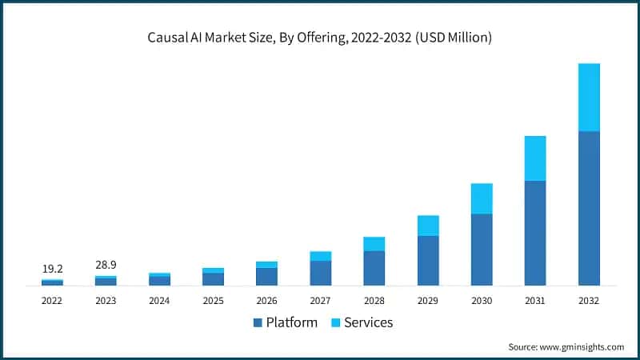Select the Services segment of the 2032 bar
[589, 97]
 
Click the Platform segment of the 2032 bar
[589, 208]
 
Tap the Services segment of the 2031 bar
[535, 158]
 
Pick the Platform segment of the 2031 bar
[535, 233]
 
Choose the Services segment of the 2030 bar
[482, 198]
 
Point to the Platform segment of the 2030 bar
[482, 249]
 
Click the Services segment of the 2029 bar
[428, 226]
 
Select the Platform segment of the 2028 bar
[374, 268]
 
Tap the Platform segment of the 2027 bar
[321, 273]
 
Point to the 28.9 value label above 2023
[106, 264]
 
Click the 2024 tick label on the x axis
[159, 300]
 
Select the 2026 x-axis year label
[266, 300]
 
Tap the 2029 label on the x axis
[428, 300]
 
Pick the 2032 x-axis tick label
[589, 300]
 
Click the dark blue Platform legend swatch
[258, 323]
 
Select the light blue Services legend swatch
[338, 323]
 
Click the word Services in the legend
[369, 323]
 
